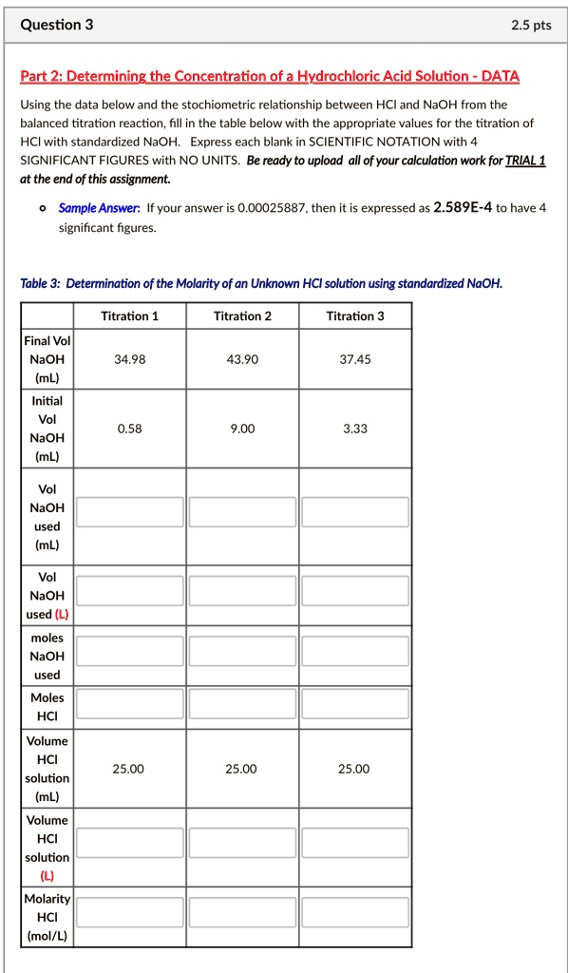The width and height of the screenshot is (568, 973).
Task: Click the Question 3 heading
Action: point(57,25)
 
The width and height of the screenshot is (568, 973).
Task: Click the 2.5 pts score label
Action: point(530,26)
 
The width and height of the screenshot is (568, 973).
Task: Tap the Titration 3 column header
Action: point(354,315)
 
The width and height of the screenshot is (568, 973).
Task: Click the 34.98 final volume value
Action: point(129,359)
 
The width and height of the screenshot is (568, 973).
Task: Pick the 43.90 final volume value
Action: point(242,359)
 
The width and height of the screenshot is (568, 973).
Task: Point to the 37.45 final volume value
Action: point(354,359)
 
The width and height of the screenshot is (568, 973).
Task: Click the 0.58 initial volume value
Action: point(129,429)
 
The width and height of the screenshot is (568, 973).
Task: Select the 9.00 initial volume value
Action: point(242,429)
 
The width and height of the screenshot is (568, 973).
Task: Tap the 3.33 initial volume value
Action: point(354,429)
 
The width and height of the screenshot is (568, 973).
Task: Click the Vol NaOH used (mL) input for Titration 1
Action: point(130,511)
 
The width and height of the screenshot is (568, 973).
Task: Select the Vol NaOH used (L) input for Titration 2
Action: point(242,591)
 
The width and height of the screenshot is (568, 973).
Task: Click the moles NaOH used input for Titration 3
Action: point(355,652)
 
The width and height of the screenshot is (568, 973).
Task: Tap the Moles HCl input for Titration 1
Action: point(130,703)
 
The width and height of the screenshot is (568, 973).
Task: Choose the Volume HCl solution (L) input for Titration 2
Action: point(242,842)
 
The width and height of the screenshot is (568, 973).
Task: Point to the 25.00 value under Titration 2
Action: point(242,769)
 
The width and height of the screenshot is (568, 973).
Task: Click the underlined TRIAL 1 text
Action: point(525,161)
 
